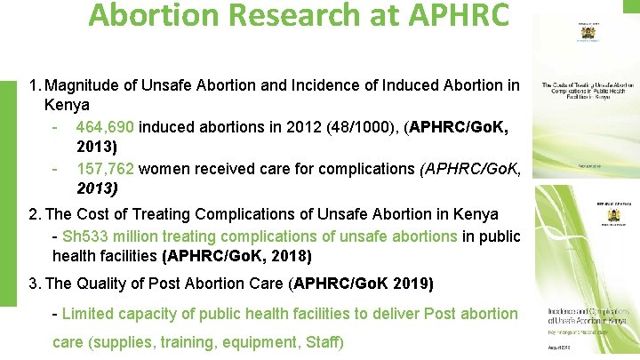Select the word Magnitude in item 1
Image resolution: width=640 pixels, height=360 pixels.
tap(81, 87)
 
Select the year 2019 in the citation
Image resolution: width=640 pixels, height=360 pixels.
tap(413, 284)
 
